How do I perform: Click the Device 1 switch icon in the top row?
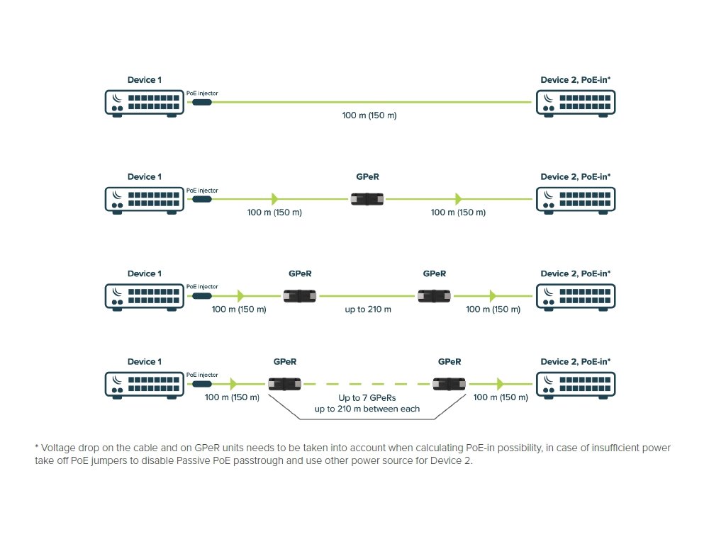(144, 103)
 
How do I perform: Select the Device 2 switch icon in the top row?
(575, 103)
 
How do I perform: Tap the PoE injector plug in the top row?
(201, 103)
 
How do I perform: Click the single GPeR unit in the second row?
(368, 199)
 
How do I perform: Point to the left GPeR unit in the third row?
(300, 296)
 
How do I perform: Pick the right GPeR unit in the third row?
(435, 296)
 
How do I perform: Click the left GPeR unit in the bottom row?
(285, 384)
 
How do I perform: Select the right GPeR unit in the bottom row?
(449, 384)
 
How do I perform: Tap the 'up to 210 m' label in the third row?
(367, 310)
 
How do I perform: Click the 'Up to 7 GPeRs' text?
(367, 397)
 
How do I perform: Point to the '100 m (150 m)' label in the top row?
(369, 115)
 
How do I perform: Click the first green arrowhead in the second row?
(275, 199)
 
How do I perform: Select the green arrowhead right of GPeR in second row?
(459, 199)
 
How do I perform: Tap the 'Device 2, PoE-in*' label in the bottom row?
(575, 361)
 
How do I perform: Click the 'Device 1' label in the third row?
(144, 273)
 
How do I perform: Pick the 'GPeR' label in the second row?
(368, 176)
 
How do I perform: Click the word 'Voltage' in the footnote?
(57, 448)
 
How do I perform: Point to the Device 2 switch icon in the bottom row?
(575, 384)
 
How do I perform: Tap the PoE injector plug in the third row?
(201, 295)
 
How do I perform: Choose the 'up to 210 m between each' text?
(367, 409)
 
